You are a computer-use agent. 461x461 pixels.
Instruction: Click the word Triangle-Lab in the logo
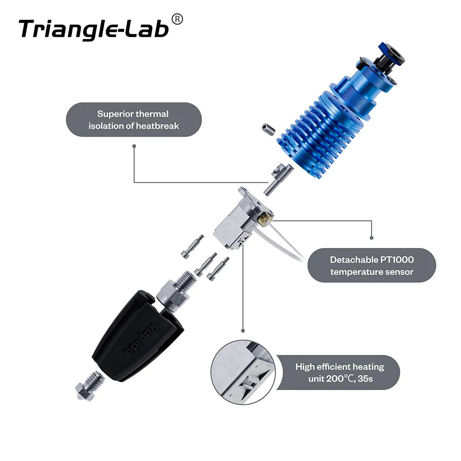(x=94, y=29)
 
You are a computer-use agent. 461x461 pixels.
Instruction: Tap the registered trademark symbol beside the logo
(x=177, y=19)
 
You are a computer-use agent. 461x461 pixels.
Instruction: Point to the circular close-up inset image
(x=243, y=372)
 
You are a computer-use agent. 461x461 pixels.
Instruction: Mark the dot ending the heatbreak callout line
(x=134, y=146)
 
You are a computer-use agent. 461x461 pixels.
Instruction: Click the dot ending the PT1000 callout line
(x=372, y=238)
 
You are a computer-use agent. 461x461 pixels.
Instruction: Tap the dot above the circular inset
(x=243, y=330)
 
